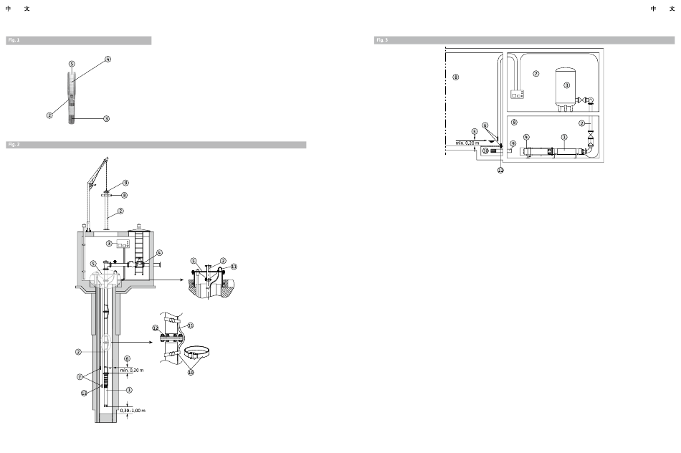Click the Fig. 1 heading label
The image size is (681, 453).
click(x=14, y=41)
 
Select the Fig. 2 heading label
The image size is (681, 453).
click(x=14, y=145)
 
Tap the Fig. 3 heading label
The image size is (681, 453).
click(x=381, y=40)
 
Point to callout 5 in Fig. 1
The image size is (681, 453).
click(x=72, y=64)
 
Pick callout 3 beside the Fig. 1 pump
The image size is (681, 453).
click(x=106, y=118)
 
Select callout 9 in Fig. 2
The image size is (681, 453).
click(x=125, y=183)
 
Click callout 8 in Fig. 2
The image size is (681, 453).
click(x=124, y=194)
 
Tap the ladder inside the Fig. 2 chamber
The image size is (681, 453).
click(x=139, y=248)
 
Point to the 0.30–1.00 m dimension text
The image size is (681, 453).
click(x=133, y=410)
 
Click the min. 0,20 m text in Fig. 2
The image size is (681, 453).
click(x=131, y=371)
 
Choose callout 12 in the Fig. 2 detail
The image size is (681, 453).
click(x=155, y=328)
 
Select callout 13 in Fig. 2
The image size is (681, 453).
click(x=84, y=392)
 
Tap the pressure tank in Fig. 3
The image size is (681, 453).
click(x=566, y=86)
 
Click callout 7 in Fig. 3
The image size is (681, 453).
click(x=535, y=74)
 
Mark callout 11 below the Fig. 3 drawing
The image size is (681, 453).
click(x=500, y=170)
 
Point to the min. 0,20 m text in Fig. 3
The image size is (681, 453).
click(x=467, y=143)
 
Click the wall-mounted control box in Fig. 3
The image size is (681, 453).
click(x=517, y=94)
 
